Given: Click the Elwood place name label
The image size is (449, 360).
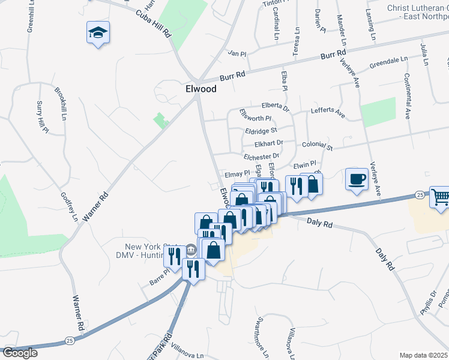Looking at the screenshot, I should coord(200,89).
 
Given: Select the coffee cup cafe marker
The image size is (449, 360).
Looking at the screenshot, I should coord(357,179).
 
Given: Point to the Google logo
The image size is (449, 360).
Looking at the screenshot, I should coord(20,353).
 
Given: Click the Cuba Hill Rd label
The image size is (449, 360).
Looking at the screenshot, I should coord(154,23).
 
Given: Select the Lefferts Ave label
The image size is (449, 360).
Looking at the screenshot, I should coord(328,112).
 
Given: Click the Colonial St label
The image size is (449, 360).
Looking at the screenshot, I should coord(317,146).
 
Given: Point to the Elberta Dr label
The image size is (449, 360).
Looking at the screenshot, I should coord(276,107).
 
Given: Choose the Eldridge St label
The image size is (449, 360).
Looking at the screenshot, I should coord(261,130).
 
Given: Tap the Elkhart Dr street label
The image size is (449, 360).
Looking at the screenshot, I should coord(268,144).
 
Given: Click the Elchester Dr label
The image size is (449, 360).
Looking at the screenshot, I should coord(262,157).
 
